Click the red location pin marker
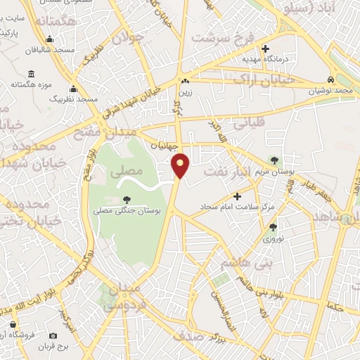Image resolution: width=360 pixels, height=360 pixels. pos(181,165)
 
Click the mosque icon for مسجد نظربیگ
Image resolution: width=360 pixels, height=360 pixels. pos(74,89)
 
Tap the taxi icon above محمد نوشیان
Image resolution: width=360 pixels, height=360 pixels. pos(330,79)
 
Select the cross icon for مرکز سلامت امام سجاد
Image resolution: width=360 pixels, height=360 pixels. pos(236,195)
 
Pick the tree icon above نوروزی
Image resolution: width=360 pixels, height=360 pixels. pos(273,226)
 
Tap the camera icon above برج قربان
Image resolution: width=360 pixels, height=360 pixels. pos(13,324)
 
